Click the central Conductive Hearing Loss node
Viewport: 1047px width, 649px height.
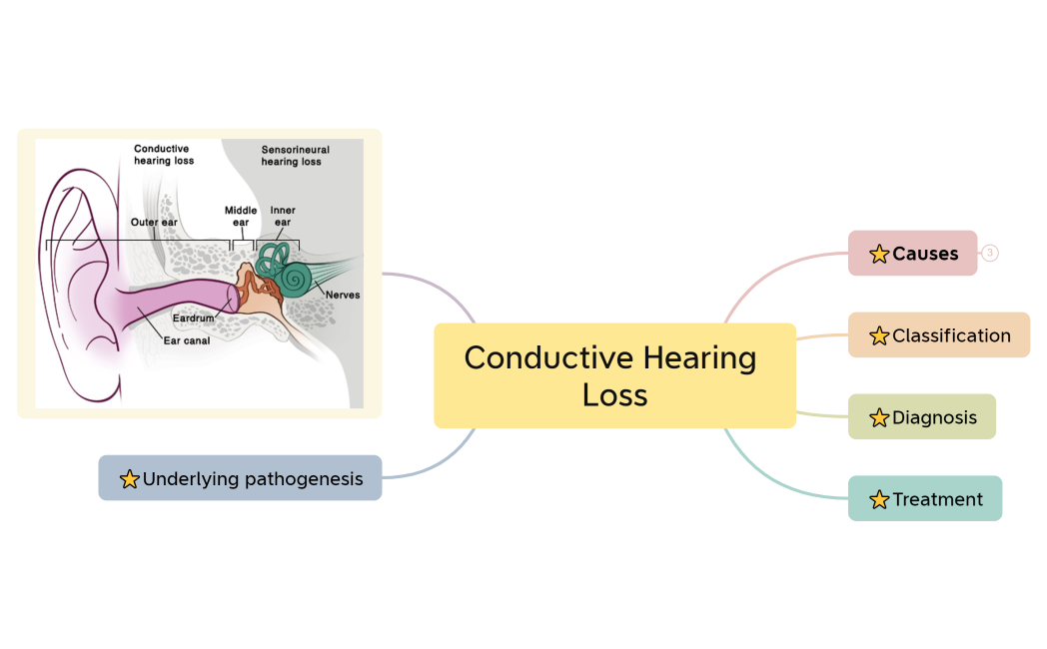tap(614, 375)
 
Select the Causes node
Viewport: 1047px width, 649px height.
tap(912, 254)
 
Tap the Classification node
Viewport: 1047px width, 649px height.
tap(939, 335)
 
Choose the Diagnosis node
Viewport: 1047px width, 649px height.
tap(922, 417)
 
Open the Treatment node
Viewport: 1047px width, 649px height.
tap(925, 499)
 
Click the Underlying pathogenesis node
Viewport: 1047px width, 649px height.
tap(240, 478)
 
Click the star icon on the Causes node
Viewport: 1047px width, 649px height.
tap(879, 255)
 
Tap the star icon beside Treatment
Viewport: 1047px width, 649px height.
tap(879, 499)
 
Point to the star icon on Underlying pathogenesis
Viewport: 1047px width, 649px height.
tap(129, 479)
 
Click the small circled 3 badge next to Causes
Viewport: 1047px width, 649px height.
tap(990, 254)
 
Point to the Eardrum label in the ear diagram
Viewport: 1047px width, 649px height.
tap(193, 319)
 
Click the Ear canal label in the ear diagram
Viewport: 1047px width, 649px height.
tap(186, 339)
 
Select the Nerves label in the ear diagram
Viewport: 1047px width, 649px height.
tap(342, 295)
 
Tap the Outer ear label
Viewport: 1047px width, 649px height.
tap(154, 222)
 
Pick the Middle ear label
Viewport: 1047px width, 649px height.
tap(241, 216)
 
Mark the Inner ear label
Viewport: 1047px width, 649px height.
tap(283, 216)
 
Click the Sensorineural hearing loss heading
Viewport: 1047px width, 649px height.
tap(295, 156)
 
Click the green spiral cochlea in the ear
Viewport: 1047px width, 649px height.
tap(295, 278)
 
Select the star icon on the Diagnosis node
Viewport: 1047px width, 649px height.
tap(879, 418)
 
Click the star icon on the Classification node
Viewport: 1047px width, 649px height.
tap(879, 336)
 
